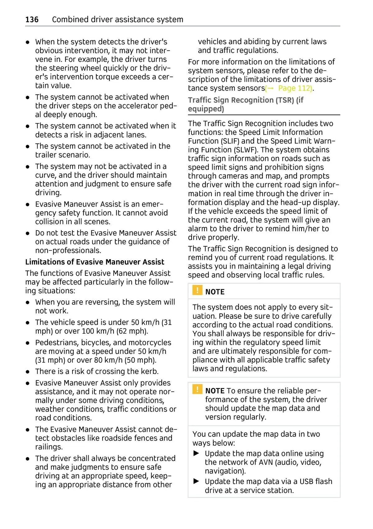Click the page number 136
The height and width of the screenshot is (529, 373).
[32, 20]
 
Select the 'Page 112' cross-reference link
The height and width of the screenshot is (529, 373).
[294, 88]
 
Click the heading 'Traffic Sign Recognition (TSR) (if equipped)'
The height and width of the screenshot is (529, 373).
[246, 104]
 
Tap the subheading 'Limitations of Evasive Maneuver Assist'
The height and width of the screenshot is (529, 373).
[94, 262]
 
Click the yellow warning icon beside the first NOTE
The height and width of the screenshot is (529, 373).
[197, 290]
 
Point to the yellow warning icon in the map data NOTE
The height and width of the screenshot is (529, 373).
[197, 389]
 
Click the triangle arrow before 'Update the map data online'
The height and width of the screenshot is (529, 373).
[196, 454]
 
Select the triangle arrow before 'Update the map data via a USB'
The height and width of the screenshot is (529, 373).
[196, 481]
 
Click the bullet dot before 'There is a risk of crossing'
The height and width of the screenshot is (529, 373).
[28, 372]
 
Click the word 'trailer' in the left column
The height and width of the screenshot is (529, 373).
[48, 155]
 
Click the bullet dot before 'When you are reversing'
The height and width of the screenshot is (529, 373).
[28, 302]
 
